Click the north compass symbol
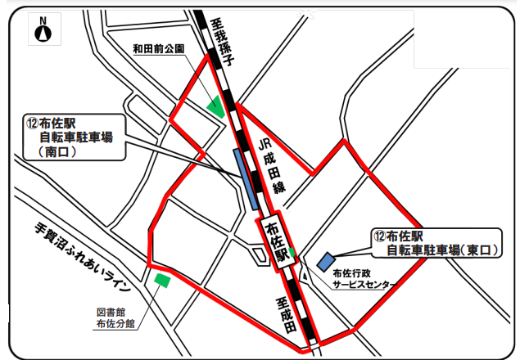(x=43, y=30)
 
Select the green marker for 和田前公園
(x=217, y=106)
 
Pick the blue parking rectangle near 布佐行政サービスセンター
(x=325, y=261)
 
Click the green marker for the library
(x=162, y=281)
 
